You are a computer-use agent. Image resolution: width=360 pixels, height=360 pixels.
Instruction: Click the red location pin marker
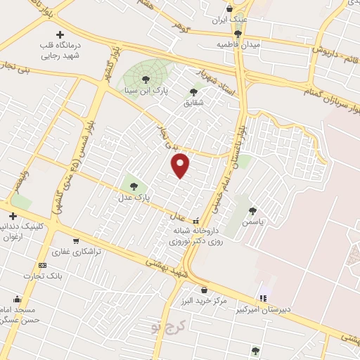pos(181,165)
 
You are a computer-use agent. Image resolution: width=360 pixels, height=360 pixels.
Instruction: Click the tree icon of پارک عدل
pos(134,186)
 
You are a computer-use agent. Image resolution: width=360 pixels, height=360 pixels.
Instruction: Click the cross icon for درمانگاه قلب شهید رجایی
pos(60,35)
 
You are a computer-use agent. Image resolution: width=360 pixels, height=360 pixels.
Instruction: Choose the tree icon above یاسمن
pos(252,210)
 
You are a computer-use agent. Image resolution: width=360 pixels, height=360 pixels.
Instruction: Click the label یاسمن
pos(252,221)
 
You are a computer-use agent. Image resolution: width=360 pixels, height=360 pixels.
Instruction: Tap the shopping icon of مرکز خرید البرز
pos(204,290)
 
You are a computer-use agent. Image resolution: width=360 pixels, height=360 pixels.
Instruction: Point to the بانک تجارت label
pos(41,276)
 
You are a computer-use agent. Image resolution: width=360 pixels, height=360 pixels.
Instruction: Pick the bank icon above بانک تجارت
pos(42,265)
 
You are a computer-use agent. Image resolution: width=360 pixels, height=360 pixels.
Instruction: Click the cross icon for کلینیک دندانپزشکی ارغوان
pos(12,216)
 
